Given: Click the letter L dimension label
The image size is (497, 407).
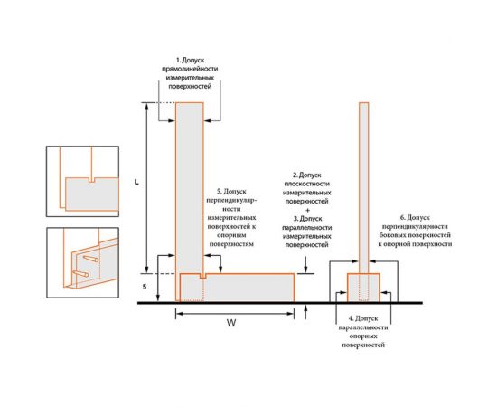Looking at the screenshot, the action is click(136, 183).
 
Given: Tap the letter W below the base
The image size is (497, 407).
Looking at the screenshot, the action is click(231, 323).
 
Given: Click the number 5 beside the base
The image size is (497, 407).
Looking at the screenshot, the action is click(145, 287).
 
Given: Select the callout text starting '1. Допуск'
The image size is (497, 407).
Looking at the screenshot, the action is click(190, 73).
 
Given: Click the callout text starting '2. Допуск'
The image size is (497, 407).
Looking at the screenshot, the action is click(306, 188).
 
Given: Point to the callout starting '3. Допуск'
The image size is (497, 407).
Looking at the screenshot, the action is click(306, 232).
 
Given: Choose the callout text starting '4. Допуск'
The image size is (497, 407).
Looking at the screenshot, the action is click(363, 332).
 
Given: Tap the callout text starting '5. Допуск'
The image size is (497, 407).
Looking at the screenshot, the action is click(231, 218).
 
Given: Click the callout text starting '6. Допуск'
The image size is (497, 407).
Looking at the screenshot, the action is click(415, 231).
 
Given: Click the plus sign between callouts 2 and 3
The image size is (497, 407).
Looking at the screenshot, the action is click(306, 210).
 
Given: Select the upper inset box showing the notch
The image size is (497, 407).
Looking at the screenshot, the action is click(82, 181).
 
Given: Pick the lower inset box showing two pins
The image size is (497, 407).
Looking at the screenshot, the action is click(82, 262).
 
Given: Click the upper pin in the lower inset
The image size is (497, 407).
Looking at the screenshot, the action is click(90, 260).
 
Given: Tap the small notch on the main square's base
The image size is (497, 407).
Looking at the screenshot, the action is click(202, 276).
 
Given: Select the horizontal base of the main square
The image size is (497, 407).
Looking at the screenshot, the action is click(237, 288).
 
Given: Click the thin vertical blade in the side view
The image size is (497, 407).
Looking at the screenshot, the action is click(364, 188).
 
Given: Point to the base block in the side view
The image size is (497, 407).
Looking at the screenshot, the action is click(363, 288).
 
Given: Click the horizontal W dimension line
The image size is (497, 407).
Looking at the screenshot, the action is click(235, 314).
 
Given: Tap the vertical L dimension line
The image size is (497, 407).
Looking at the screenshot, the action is click(146, 188).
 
